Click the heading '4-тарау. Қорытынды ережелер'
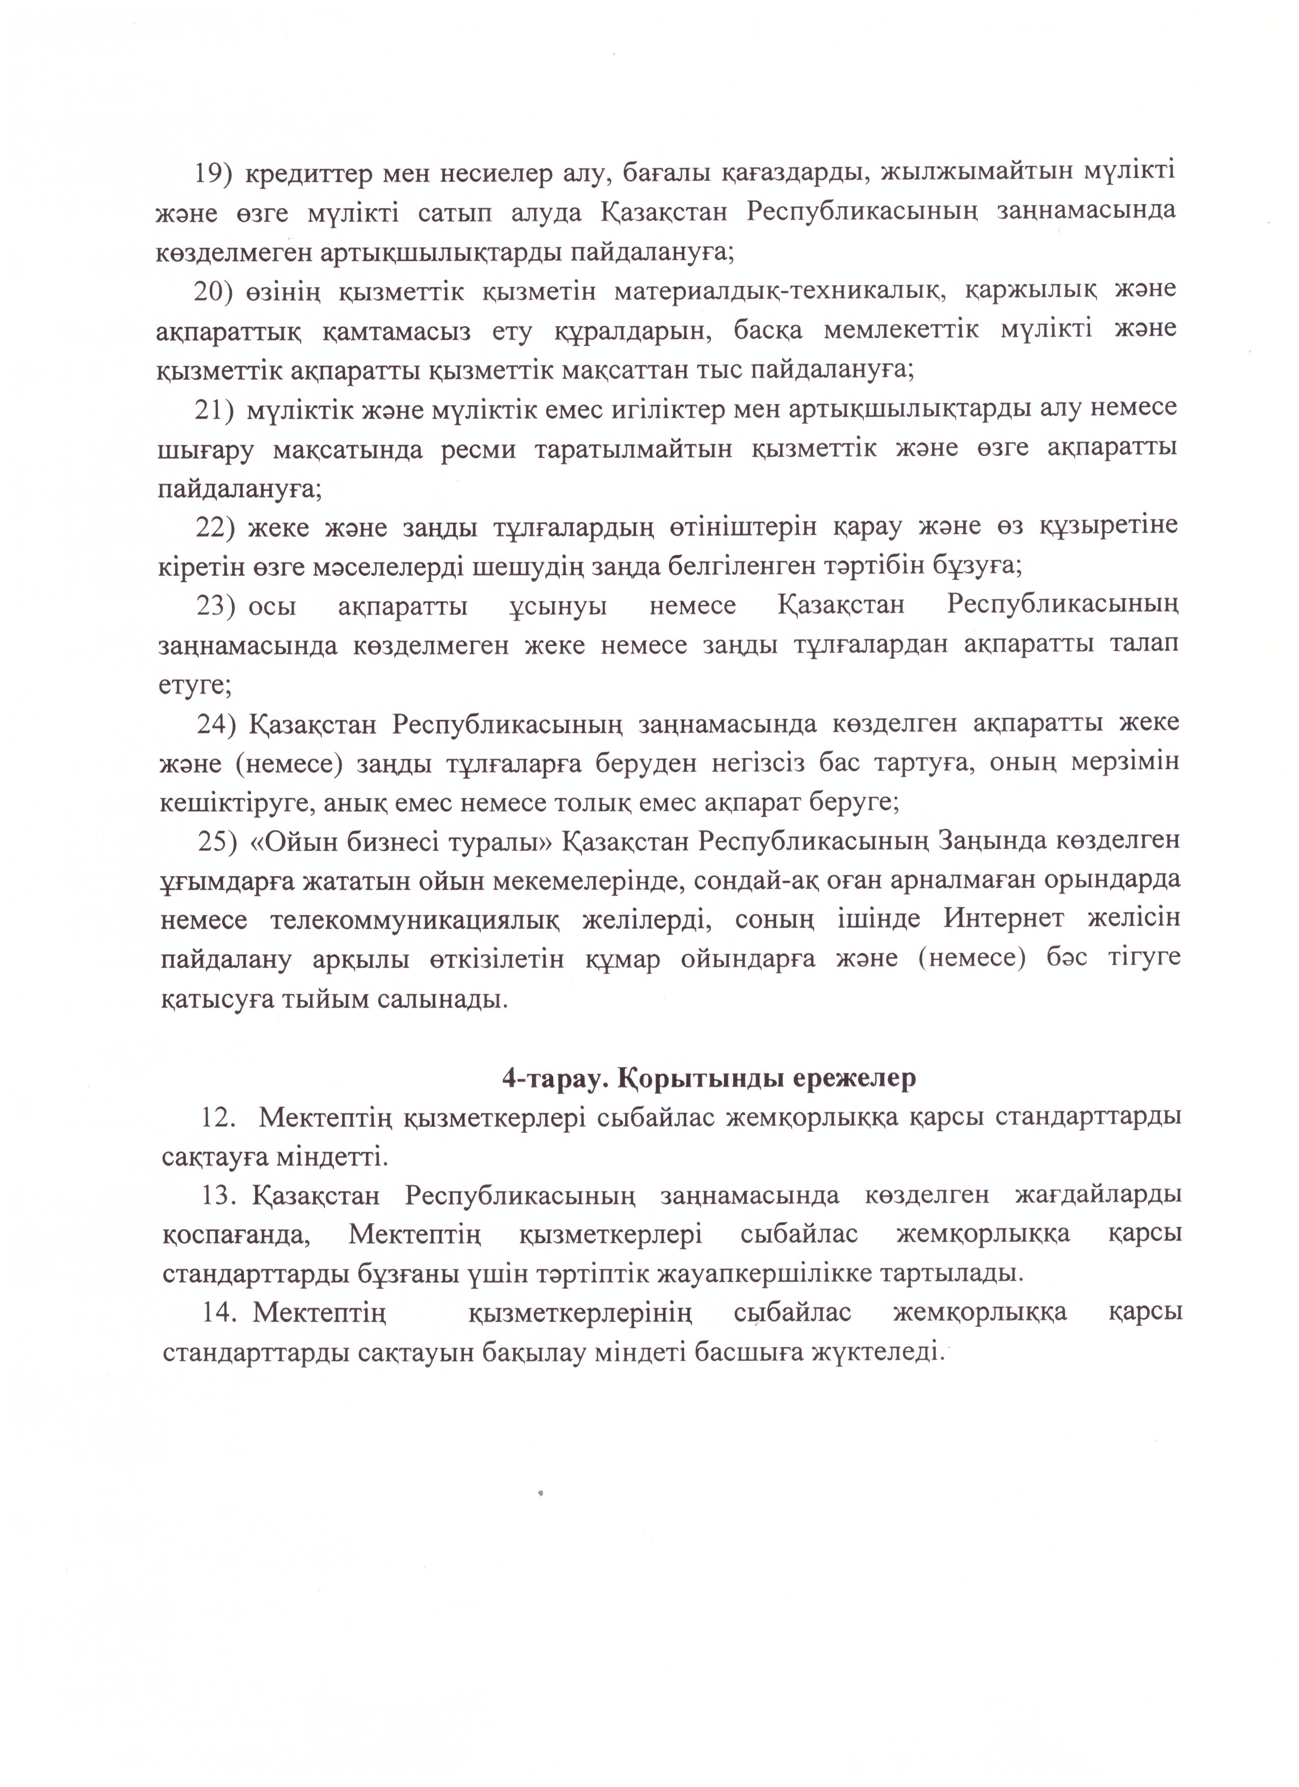coord(709,1078)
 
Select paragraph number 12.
coord(220,1118)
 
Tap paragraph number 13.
coord(220,1195)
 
